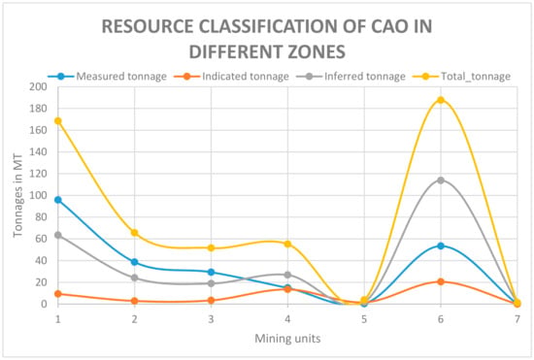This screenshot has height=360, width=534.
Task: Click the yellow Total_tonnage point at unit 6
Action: pyautogui.click(x=441, y=100)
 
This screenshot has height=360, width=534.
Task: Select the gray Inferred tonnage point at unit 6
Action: pyautogui.click(x=441, y=180)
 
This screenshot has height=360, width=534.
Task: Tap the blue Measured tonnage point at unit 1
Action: pyautogui.click(x=58, y=200)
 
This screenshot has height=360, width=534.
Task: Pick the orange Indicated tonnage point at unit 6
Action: pyautogui.click(x=441, y=281)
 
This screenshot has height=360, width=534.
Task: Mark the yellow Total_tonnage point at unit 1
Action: pyautogui.click(x=58, y=121)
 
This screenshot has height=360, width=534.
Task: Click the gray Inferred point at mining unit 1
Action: pyautogui.click(x=58, y=235)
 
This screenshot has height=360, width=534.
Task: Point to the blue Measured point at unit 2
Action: pyautogui.click(x=135, y=262)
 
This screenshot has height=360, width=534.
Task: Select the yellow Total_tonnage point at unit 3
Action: pyautogui.click(x=211, y=248)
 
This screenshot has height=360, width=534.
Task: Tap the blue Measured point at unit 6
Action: pyautogui.click(x=441, y=246)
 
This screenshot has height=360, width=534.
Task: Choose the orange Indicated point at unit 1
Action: pyautogui.click(x=58, y=294)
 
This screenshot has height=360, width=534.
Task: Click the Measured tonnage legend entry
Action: pyautogui.click(x=107, y=77)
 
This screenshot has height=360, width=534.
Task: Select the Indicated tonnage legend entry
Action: pyautogui.click(x=232, y=77)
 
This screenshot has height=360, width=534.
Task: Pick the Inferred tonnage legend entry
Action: pyautogui.click(x=350, y=77)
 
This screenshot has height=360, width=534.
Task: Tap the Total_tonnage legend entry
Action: pyautogui.click(x=462, y=77)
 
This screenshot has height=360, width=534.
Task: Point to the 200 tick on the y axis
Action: pyautogui.click(x=39, y=86)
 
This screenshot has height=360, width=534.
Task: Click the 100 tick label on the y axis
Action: pyautogui.click(x=39, y=195)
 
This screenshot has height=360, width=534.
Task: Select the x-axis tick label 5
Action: pyautogui.click(x=364, y=319)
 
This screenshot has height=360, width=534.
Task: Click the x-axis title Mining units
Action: pyautogui.click(x=287, y=339)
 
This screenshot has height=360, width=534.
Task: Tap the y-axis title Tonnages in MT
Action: pyautogui.click(x=17, y=196)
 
